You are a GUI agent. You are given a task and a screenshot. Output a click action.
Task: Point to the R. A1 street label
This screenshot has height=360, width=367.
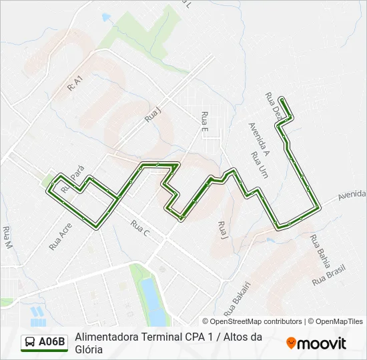(x=75, y=83)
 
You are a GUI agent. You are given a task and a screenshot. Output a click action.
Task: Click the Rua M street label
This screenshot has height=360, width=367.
(x=8, y=238)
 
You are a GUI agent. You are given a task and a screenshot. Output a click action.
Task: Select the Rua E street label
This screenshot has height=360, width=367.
(x=205, y=121)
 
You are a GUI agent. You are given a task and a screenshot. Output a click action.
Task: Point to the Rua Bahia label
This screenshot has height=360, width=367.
(x=320, y=249)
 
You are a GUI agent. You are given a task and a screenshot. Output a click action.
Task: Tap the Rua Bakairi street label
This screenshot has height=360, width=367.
(x=236, y=299)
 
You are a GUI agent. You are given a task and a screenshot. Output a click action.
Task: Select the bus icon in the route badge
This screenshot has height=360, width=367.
(x=31, y=343)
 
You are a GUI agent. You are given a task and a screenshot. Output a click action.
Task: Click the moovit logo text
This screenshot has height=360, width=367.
(x=322, y=343)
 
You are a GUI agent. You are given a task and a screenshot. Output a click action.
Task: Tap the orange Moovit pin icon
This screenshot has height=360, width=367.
(x=291, y=343)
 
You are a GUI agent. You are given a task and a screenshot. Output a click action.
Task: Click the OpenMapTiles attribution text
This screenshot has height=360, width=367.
(x=338, y=321)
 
